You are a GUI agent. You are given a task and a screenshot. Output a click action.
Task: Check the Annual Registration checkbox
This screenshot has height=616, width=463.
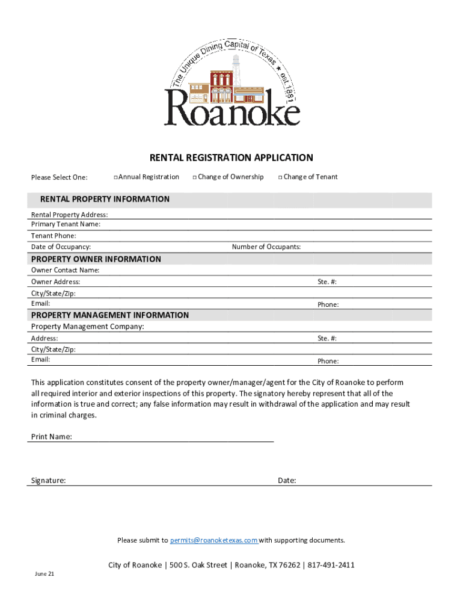pos(115,177)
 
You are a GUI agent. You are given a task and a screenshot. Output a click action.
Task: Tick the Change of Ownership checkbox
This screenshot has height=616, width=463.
pos(194,177)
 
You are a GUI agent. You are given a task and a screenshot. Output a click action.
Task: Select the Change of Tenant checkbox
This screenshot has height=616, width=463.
pos(280,177)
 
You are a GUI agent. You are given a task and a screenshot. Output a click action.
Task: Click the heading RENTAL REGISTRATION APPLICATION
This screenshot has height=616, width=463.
pos(231,158)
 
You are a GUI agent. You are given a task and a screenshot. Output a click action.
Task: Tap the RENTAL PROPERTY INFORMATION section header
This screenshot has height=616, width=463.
pos(105,199)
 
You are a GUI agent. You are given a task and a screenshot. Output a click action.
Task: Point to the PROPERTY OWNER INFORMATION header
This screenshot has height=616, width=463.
pos(96,259)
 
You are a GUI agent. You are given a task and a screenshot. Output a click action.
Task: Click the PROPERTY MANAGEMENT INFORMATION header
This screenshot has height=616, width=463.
pos(110,315)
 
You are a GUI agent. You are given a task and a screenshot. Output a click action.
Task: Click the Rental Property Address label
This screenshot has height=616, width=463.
pos(70,215)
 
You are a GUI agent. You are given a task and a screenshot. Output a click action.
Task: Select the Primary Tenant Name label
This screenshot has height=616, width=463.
pos(66,224)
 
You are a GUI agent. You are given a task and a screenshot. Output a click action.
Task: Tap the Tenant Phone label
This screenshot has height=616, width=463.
pos(54,236)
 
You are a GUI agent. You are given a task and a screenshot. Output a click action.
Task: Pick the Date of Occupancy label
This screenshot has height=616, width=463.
pos(61,247)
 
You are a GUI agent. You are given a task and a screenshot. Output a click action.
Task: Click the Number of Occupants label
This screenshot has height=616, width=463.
pos(266,247)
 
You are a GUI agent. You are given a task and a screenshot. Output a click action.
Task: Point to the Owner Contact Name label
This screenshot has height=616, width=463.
pos(66,270)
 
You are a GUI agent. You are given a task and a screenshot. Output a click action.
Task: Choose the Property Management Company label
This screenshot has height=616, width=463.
pos(88,327)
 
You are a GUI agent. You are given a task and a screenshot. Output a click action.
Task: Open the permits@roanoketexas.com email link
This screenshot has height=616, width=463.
pos(214,540)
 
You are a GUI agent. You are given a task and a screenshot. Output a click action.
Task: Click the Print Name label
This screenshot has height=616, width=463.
pos(52,437)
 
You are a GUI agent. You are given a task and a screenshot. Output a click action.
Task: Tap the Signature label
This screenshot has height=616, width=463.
pos(49,481)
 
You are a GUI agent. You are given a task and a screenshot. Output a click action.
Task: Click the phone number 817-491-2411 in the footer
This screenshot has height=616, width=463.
pos(332,565)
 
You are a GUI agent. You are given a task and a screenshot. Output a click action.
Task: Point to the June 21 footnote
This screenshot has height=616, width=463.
pos(44,574)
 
